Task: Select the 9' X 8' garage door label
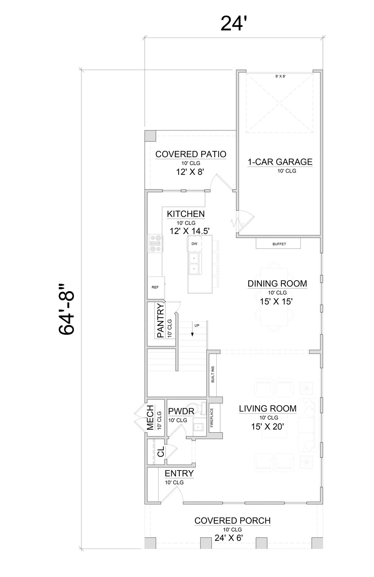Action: coord(280,77)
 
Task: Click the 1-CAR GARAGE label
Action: coord(280,161)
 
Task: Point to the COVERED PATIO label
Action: coord(191,154)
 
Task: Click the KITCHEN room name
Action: coord(186,214)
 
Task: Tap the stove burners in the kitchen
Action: coord(155,243)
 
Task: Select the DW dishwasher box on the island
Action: coord(194,243)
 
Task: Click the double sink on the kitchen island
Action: coord(194,264)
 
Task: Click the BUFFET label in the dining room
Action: coord(279,244)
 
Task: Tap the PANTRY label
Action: coord(160,320)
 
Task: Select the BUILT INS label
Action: coord(213,374)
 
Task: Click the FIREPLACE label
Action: coord(212,417)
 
